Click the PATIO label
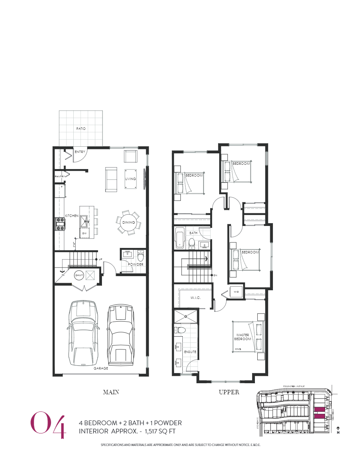point(81,129)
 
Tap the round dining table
point(128,222)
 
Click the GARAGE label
point(101,368)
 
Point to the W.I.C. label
point(196,298)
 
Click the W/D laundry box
point(236,292)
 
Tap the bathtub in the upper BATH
point(180,238)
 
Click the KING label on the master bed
point(238,349)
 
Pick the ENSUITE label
point(191,352)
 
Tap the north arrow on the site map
point(338,430)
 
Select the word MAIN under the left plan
point(111,392)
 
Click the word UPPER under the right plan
point(229,392)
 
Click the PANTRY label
point(60,177)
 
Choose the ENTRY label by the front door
point(80,152)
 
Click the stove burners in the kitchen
point(60,224)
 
